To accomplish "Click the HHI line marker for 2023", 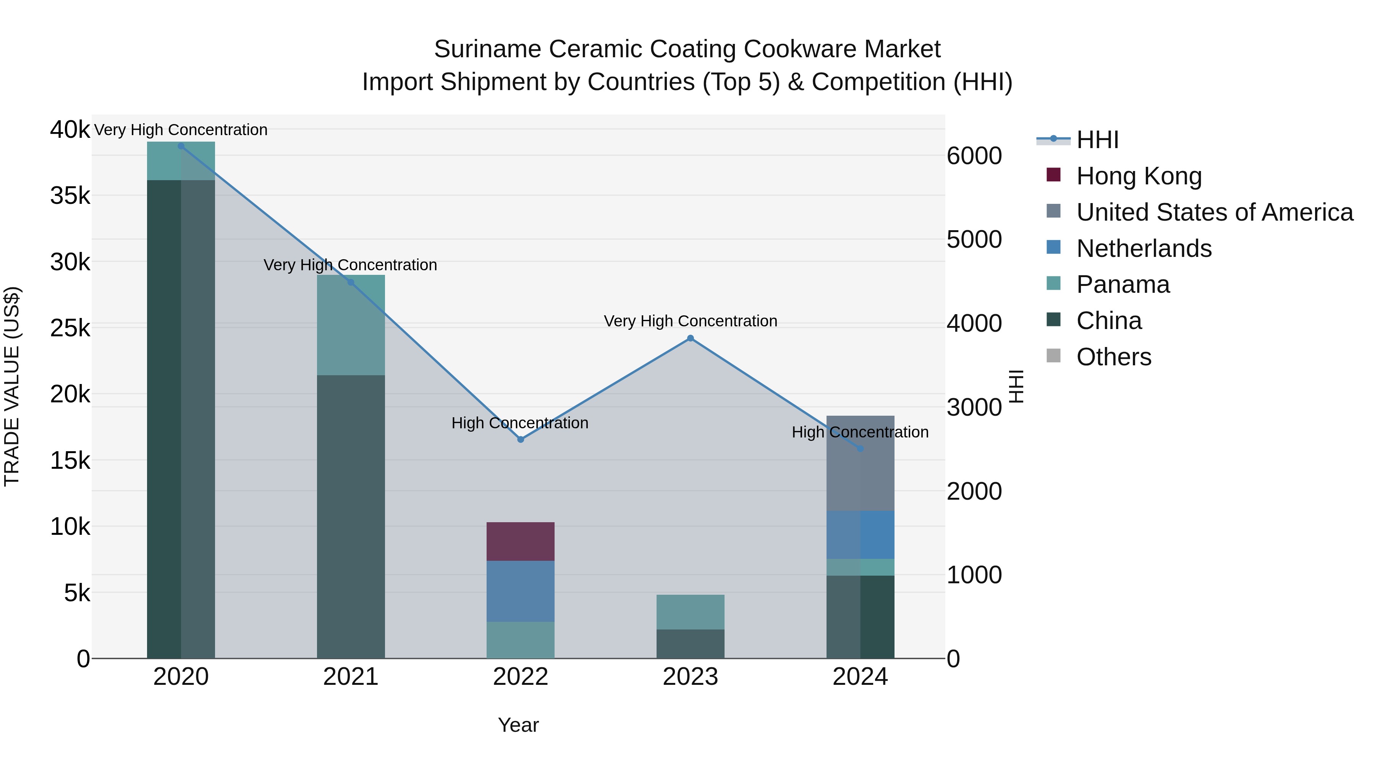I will (x=690, y=338).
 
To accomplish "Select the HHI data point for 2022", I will (x=521, y=440).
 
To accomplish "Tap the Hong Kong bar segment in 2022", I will (x=521, y=541).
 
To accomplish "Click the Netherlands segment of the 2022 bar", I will (x=521, y=591).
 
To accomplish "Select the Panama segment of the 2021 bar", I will (x=351, y=325).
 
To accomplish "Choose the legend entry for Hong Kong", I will (x=1139, y=176).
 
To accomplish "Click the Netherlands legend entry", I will (x=1144, y=249).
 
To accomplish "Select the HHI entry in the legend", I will (x=1097, y=140).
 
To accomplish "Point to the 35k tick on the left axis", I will (x=70, y=196).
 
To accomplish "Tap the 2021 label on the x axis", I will (x=351, y=677).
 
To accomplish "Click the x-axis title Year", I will (x=518, y=725).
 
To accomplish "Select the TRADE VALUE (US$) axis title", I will (x=12, y=386).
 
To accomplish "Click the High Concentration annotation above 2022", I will (x=520, y=423).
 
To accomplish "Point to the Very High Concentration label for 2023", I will (x=690, y=321).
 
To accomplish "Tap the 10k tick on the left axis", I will (x=70, y=527).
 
